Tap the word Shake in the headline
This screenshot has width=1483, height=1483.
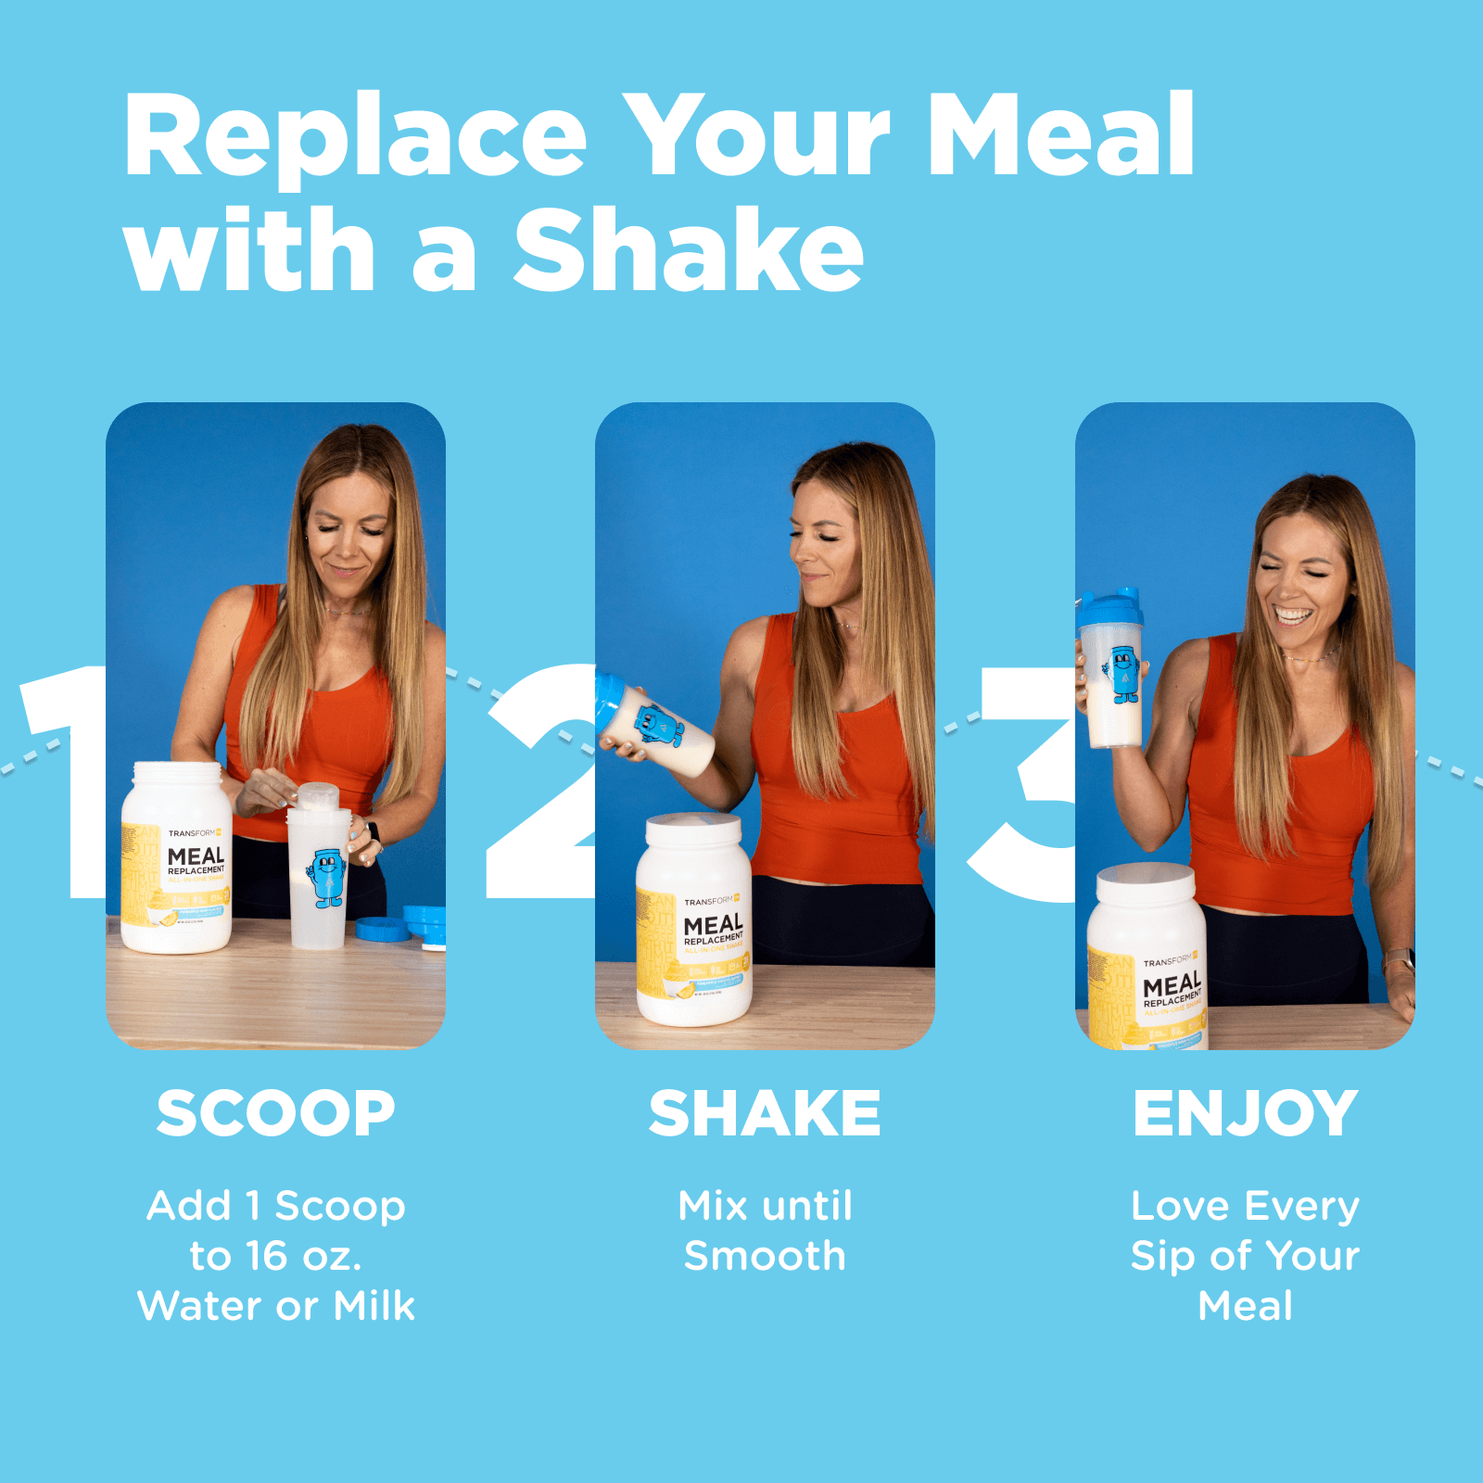688,250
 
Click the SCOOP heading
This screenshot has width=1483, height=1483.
275,1113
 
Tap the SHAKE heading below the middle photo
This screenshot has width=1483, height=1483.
765,1113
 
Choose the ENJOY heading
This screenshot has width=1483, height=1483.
1245,1113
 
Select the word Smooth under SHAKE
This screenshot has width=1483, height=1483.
765,1256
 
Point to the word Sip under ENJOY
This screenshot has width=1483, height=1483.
1162,1256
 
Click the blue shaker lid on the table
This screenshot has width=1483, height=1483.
383,928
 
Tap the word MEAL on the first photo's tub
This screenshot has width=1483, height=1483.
196,856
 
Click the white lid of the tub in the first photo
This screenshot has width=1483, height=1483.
177,773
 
